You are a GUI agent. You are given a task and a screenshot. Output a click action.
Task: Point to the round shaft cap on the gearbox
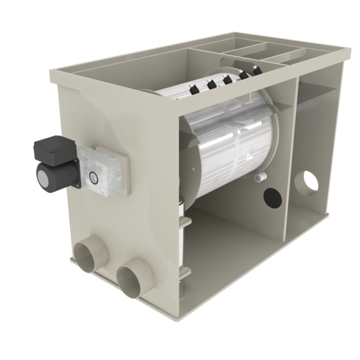click(x=94, y=175)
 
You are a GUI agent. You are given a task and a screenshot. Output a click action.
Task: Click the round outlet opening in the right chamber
click(x=306, y=180)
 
